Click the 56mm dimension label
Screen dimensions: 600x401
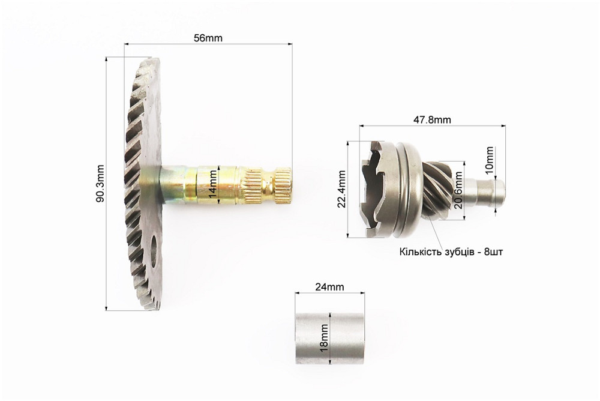pos(208,38)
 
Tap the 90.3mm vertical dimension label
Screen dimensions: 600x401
pos(100,184)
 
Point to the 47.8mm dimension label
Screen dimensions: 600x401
pos(432,120)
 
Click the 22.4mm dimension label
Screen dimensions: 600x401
pos(342,189)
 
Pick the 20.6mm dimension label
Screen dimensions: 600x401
pos(458,190)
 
